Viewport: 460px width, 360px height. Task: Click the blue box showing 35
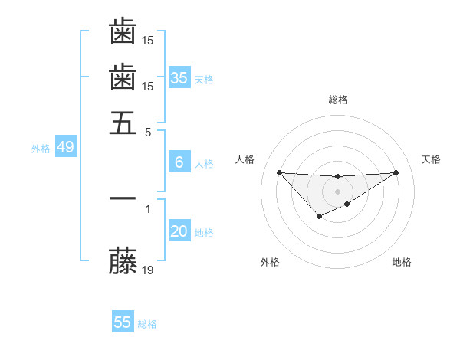point(179,77)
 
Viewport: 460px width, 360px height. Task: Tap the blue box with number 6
point(179,162)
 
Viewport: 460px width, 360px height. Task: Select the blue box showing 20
point(179,232)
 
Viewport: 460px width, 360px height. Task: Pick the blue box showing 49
point(65,148)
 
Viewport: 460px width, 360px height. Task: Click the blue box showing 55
point(123,322)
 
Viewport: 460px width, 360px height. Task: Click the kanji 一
point(123,197)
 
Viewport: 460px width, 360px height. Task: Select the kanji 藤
point(123,260)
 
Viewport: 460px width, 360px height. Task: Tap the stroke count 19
point(149,270)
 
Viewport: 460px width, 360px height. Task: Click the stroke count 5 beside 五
point(149,131)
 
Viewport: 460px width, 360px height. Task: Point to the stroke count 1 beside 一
point(148,207)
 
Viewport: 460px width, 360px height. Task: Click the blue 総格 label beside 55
point(147,324)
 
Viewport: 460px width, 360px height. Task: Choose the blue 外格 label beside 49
point(40,149)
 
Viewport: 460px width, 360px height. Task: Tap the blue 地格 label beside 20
point(204,233)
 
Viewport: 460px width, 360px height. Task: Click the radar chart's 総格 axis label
point(337,100)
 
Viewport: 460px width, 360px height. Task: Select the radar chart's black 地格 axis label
point(402,263)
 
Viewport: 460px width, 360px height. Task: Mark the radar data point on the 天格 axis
point(396,172)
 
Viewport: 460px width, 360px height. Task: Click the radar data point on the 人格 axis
point(279,172)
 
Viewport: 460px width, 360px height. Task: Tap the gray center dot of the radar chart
point(337,191)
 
